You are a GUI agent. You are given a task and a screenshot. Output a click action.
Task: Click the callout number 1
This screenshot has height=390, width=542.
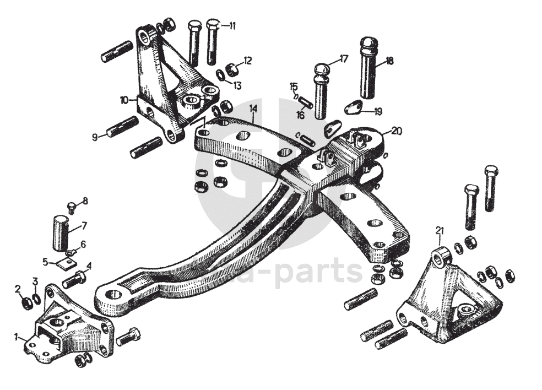17,335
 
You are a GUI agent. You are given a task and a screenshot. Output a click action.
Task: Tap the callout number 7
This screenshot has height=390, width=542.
84,225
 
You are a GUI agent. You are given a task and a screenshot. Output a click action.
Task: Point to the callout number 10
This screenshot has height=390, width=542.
123,100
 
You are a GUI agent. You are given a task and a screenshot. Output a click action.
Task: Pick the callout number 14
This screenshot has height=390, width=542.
253,109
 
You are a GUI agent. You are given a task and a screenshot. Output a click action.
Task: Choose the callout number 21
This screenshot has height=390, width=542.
439,229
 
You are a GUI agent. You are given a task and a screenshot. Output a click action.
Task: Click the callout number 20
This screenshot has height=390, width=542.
397,131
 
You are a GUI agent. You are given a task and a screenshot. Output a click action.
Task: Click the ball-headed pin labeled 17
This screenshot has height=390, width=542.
321,88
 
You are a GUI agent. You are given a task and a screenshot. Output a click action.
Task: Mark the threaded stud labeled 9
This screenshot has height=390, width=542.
122,126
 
